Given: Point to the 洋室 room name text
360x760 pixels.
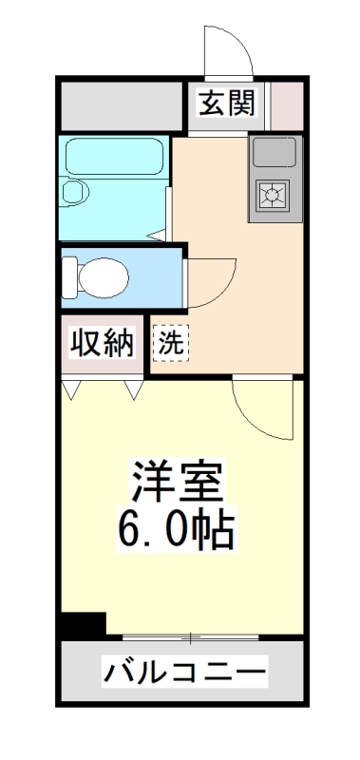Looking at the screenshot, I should coord(179,479).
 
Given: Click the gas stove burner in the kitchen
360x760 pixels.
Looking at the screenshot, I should coord(275,196).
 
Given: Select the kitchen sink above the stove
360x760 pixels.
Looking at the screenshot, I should coord(275,152).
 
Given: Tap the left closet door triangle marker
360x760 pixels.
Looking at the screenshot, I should coord(72,389).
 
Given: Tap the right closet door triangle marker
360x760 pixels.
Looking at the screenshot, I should coord(132,389).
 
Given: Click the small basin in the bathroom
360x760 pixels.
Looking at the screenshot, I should coord(71,193).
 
